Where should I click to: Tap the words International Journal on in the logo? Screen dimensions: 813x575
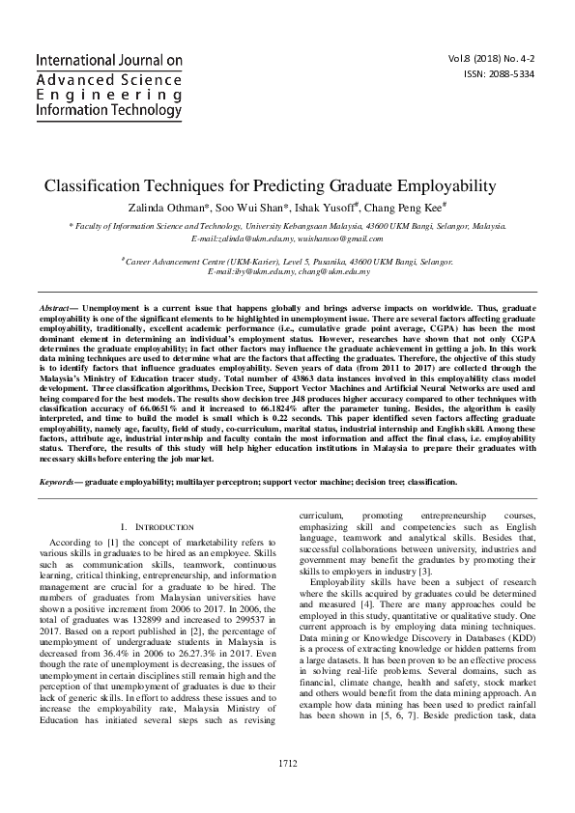[108, 60]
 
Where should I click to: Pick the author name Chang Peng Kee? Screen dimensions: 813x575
[412, 209]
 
